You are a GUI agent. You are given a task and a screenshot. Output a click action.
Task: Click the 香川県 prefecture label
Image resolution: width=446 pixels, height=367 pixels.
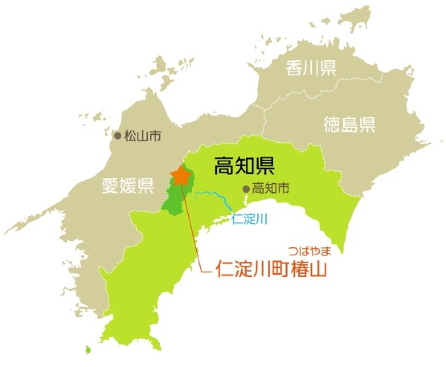click(x=311, y=68)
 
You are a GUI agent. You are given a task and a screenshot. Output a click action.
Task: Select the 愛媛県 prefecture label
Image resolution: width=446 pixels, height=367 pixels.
click(x=127, y=186)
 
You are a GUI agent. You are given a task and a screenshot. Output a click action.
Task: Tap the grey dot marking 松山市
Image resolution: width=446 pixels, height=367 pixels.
click(x=117, y=136)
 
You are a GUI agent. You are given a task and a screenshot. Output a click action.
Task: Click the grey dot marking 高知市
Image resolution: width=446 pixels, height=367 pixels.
click(x=247, y=188)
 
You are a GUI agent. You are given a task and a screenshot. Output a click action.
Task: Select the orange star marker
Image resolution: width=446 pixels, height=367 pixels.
click(x=180, y=176)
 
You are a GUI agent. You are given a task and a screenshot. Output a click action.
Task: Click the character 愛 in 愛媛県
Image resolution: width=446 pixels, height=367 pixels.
click(x=111, y=186)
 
